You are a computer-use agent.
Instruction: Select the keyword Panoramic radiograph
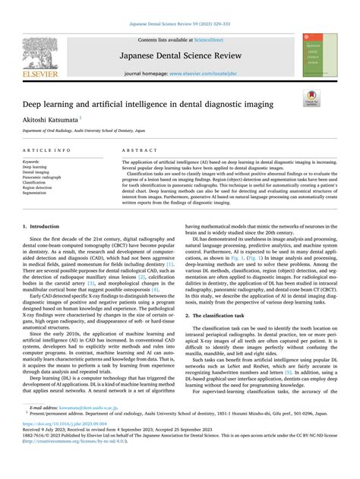(x=41, y=177)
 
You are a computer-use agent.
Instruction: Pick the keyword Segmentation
(x=36, y=193)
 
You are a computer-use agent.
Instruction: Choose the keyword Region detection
(x=39, y=188)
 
